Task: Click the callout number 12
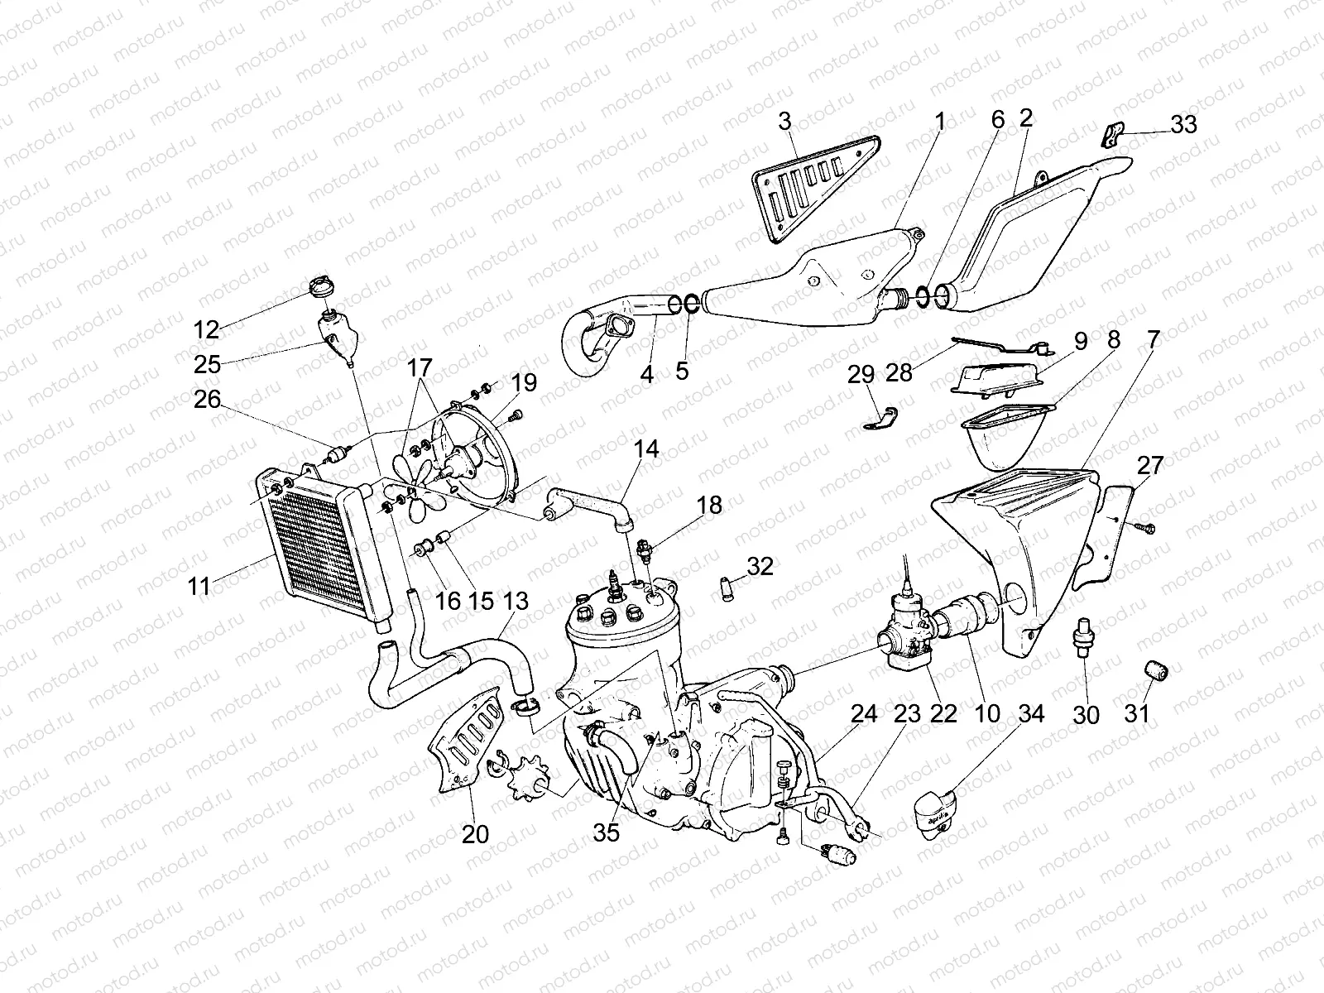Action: click(x=205, y=329)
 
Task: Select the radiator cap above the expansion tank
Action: click(x=320, y=290)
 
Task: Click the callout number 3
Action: click(x=784, y=122)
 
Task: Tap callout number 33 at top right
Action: click(x=1183, y=124)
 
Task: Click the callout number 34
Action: click(x=1031, y=713)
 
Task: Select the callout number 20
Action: click(x=475, y=834)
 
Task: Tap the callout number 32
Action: click(x=760, y=567)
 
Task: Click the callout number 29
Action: click(x=861, y=374)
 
